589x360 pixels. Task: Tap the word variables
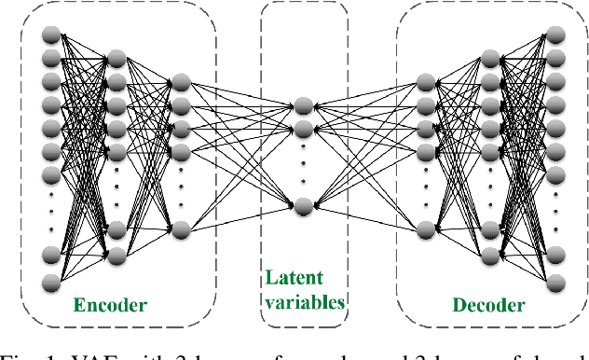305,301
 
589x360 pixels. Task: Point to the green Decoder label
487,305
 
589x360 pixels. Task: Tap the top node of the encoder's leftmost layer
51,35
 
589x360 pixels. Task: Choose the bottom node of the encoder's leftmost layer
51,281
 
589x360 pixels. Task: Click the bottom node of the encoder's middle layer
116,254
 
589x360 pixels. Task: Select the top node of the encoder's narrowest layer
181,83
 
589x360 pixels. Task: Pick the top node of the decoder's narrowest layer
427,83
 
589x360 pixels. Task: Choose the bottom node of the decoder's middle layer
492,254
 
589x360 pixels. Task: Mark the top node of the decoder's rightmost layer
556,35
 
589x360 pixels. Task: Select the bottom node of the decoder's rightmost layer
556,281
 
